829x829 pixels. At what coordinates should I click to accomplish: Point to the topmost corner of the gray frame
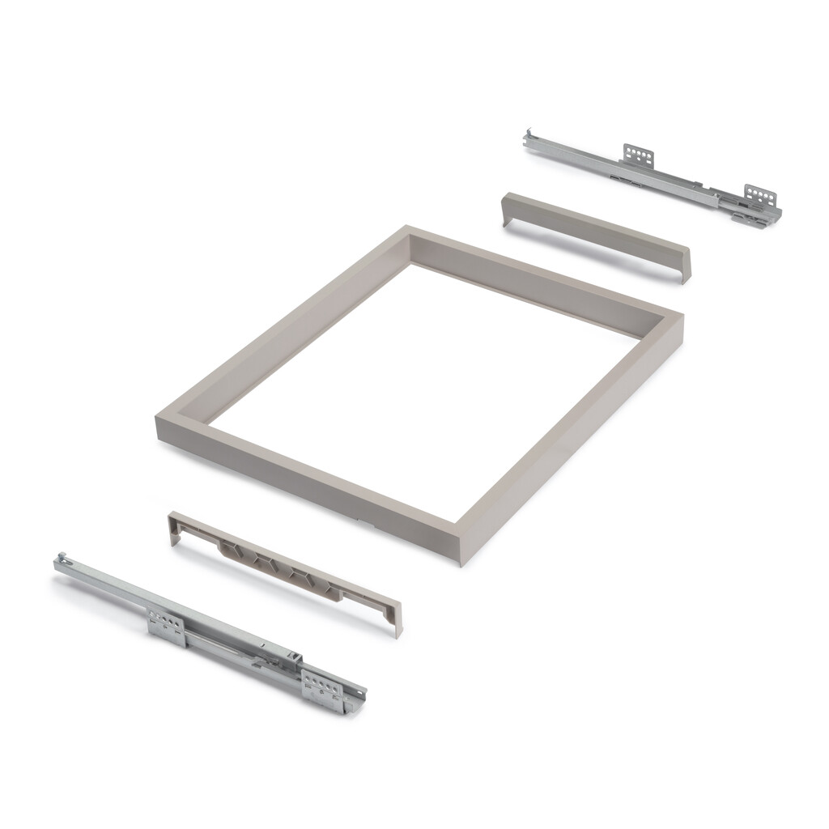[x=407, y=228]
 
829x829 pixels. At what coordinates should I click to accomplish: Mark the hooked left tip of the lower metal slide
[x=59, y=559]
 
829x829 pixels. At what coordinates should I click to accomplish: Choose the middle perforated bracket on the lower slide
[x=166, y=626]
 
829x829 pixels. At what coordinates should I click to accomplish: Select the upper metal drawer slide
[x=648, y=174]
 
